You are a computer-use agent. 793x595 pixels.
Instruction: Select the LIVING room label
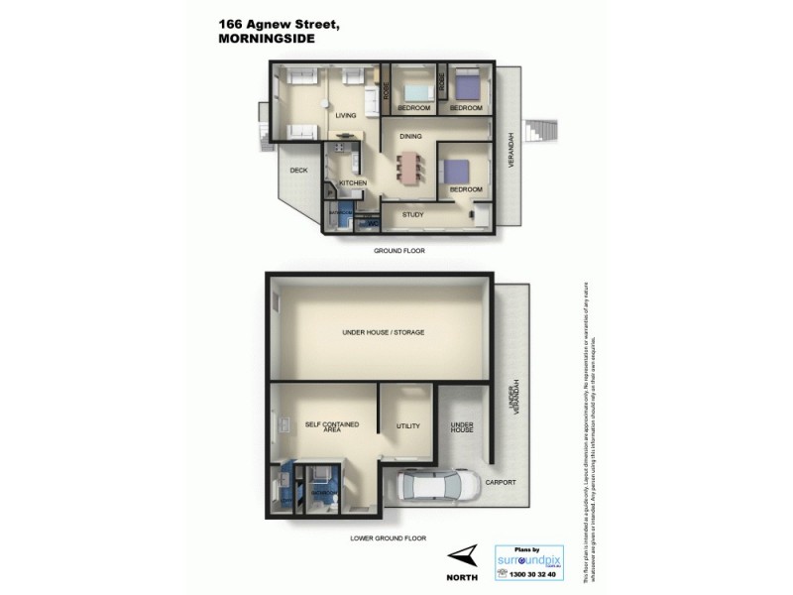tap(345, 116)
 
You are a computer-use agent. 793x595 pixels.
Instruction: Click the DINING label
tap(411, 137)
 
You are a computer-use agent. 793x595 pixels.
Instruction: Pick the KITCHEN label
tap(353, 183)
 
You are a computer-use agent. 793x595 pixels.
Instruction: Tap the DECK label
tap(298, 171)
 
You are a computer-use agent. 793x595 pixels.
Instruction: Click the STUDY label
tap(412, 213)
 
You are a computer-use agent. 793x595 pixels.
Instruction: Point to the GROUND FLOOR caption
tap(398, 251)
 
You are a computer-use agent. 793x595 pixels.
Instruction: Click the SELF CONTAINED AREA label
tap(332, 428)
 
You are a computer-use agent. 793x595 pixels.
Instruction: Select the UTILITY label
tap(408, 426)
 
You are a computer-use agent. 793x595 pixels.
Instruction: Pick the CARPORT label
tap(500, 483)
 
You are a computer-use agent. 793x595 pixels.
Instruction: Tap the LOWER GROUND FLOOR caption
tap(388, 538)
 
